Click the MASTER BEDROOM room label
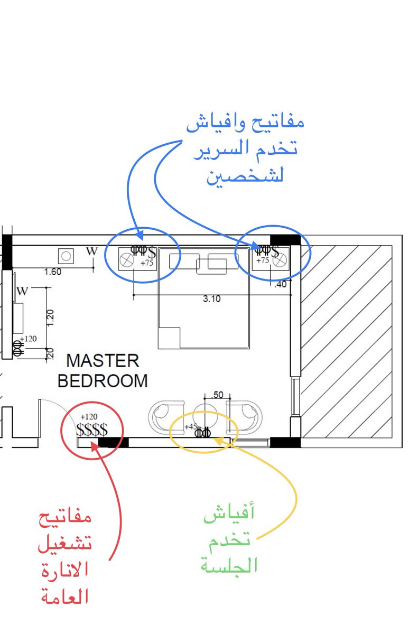[x=102, y=371]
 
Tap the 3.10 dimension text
[x=212, y=299]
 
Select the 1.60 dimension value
[x=53, y=272]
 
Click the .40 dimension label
[x=280, y=284]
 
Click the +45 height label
[x=190, y=426]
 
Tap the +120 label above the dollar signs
[x=89, y=417]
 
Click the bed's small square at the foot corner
[x=169, y=338]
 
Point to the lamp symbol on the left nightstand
[x=127, y=260]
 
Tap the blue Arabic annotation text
[x=245, y=149]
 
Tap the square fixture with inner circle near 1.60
[x=66, y=256]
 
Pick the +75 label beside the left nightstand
[x=147, y=262]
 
